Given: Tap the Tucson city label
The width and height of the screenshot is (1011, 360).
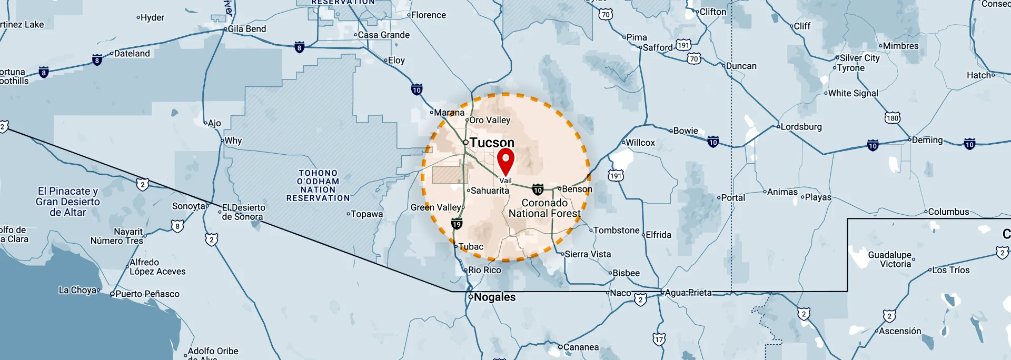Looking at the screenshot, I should (491, 143).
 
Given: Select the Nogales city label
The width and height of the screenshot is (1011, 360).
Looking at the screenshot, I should (494, 297).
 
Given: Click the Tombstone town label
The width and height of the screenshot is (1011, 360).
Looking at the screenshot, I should (616, 231).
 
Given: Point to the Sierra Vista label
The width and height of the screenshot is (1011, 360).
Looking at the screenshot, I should (588, 254).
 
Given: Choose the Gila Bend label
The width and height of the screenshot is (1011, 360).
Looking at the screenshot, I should (246, 29).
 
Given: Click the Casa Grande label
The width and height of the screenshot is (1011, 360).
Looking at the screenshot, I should (383, 35).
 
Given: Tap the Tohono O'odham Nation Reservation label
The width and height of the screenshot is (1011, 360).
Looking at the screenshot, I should (318, 185).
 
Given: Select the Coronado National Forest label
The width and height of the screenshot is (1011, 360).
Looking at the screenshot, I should (544, 208).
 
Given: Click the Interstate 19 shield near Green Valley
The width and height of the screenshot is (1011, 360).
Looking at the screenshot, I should (457, 224).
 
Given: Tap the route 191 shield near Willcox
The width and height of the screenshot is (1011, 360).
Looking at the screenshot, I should (616, 176).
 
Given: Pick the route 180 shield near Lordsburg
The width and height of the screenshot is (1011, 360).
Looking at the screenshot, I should (892, 118).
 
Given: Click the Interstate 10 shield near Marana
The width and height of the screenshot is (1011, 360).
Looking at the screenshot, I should (417, 90).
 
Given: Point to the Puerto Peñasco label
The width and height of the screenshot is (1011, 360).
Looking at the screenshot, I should (147, 294).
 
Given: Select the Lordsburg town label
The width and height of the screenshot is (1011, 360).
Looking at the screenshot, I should (801, 127).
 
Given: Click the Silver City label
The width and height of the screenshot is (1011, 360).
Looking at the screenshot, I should (859, 58).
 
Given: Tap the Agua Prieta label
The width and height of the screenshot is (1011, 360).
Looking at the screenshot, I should (688, 293).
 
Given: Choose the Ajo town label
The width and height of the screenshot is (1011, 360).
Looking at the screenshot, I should (214, 123).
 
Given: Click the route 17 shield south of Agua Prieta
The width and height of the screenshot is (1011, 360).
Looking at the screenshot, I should (659, 339).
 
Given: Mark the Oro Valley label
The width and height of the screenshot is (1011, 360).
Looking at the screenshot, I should (490, 120).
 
